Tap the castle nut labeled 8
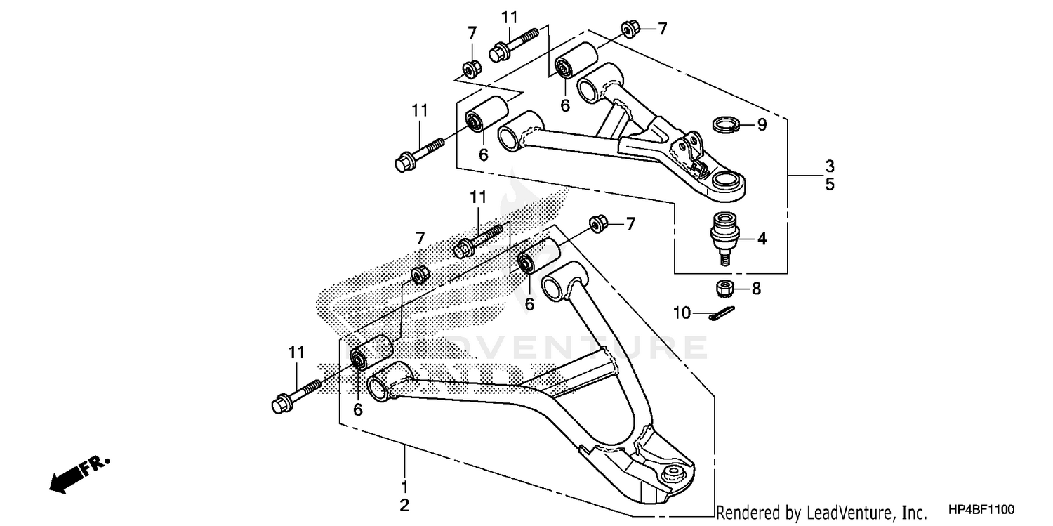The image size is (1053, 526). coord(724,287)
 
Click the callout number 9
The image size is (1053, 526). coord(761,125)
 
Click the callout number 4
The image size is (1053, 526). coord(762,239)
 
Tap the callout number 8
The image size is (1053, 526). coord(756,288)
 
